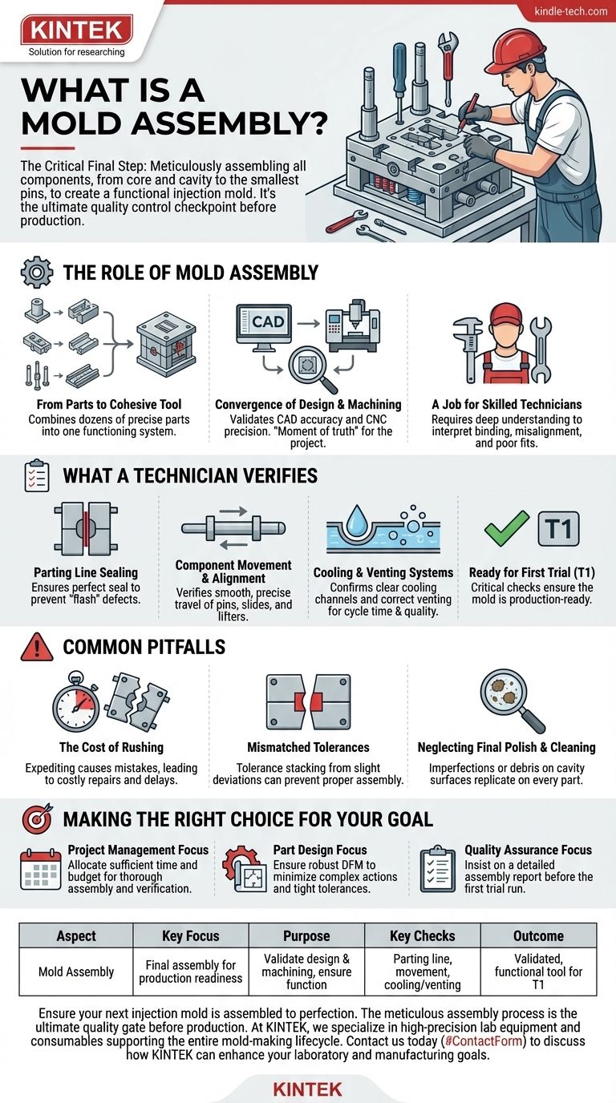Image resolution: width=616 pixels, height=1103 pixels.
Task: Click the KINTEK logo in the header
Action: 76,30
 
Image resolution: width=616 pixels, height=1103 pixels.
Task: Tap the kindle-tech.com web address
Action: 570,11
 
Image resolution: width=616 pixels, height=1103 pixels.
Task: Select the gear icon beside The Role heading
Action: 36,272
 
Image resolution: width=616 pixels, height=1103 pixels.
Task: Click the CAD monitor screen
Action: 264,322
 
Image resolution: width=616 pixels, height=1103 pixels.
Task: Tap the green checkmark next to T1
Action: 506,527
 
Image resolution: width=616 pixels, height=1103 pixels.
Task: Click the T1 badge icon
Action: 558,528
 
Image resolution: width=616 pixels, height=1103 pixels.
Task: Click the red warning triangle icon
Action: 37,648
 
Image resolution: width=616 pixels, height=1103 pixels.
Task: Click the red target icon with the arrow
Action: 37,818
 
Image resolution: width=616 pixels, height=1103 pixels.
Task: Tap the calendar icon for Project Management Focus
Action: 40,870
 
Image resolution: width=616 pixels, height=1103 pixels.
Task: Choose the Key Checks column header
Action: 423,935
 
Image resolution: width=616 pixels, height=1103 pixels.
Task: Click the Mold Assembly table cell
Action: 76,972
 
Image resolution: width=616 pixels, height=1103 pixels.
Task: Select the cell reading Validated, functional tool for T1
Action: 539,972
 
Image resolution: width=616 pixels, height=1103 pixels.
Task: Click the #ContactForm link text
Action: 484,1041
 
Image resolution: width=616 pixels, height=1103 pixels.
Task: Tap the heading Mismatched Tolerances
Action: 308,747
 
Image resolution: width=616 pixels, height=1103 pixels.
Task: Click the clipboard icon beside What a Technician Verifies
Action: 36,475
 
